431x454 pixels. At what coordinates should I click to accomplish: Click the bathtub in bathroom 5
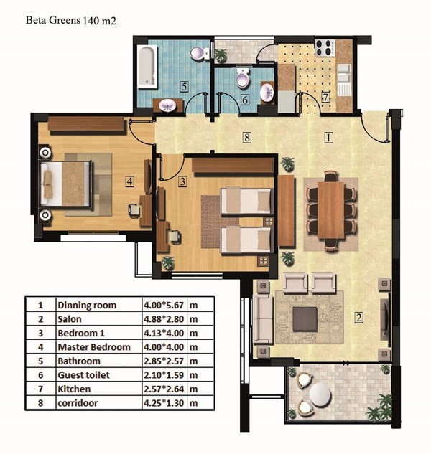(x=148, y=67)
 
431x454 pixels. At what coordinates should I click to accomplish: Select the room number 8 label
(x=247, y=137)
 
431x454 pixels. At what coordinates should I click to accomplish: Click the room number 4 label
(x=129, y=181)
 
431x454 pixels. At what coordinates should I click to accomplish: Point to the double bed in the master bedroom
(x=66, y=184)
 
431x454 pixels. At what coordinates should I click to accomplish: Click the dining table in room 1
(x=330, y=210)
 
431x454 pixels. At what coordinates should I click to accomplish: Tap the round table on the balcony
(x=320, y=394)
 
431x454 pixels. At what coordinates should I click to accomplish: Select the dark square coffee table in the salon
(x=305, y=319)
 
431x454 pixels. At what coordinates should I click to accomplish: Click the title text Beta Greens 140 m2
(x=71, y=21)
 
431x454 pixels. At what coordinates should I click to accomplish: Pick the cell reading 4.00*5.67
(x=164, y=305)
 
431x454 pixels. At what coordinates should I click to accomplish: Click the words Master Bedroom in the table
(x=94, y=347)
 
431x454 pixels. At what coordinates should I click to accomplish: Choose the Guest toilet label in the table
(x=83, y=375)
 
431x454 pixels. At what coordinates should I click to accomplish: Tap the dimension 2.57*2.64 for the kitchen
(x=164, y=389)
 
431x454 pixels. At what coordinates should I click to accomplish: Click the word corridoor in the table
(x=78, y=403)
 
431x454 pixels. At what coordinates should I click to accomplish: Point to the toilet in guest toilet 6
(x=243, y=77)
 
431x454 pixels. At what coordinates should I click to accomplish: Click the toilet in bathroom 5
(x=200, y=53)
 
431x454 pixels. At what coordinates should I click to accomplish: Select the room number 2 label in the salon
(x=358, y=318)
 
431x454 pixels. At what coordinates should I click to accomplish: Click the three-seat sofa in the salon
(x=263, y=319)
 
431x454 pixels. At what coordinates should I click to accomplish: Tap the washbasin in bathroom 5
(x=167, y=105)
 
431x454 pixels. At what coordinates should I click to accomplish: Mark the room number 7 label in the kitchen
(x=325, y=97)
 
